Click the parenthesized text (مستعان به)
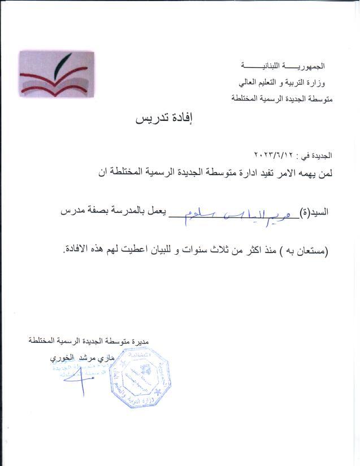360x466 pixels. click(309, 249)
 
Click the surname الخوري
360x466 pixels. click(61, 359)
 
